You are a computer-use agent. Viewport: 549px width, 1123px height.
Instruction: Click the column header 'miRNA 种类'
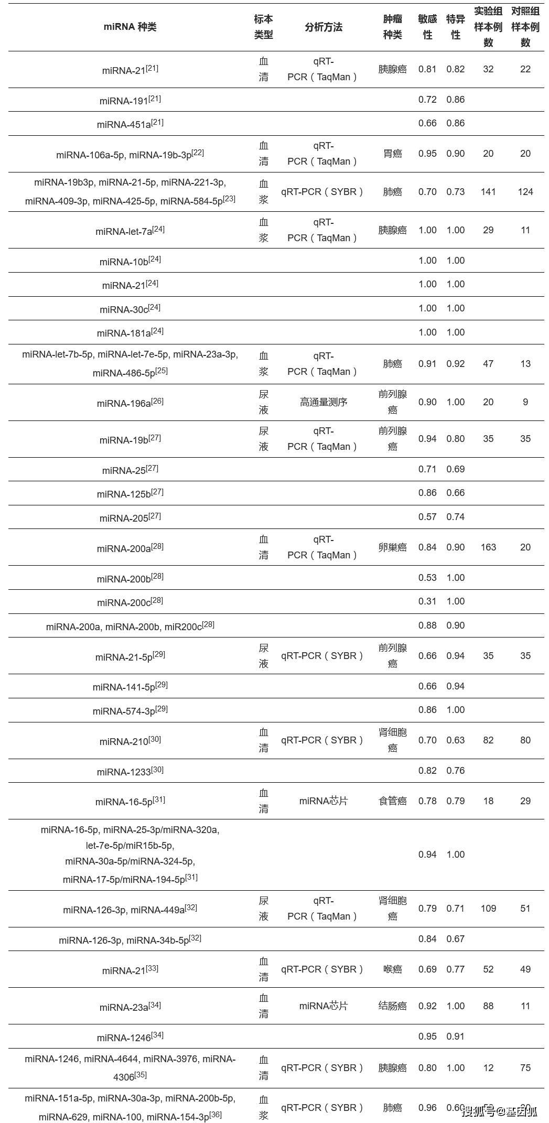tap(130, 27)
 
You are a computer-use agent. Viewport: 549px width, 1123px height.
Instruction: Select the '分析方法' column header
tap(323, 27)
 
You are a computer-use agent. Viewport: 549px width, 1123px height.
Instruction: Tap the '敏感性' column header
tap(427, 27)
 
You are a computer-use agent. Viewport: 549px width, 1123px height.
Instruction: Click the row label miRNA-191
tap(130, 100)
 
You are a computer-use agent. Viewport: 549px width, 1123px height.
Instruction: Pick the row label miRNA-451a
tap(130, 124)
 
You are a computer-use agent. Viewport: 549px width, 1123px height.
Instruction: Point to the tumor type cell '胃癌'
tap(392, 154)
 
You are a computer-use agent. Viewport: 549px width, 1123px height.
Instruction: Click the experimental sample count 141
tap(488, 192)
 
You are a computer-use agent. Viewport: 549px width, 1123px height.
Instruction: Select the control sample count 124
tap(525, 192)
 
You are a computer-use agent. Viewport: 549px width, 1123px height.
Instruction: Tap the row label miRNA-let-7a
tap(130, 231)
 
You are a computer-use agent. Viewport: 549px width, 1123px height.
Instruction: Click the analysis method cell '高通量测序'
tap(323, 402)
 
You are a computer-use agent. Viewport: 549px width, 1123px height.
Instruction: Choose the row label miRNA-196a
tap(130, 403)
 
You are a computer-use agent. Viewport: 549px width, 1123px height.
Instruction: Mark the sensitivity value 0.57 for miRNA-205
tap(427, 517)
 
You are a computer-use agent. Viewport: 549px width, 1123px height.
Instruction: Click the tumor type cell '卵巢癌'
tap(392, 547)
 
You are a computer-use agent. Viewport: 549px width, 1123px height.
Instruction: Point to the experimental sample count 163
tap(488, 547)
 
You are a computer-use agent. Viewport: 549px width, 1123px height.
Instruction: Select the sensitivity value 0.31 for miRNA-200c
tap(427, 601)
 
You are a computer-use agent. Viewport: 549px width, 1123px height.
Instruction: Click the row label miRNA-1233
tap(130, 771)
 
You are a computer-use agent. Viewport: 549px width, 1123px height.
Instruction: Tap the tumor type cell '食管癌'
tap(392, 801)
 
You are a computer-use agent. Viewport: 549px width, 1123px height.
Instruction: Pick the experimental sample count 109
tap(488, 909)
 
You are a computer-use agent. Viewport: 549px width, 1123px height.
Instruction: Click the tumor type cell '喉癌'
tap(392, 969)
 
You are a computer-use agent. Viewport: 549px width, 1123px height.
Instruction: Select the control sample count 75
tap(525, 1068)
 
